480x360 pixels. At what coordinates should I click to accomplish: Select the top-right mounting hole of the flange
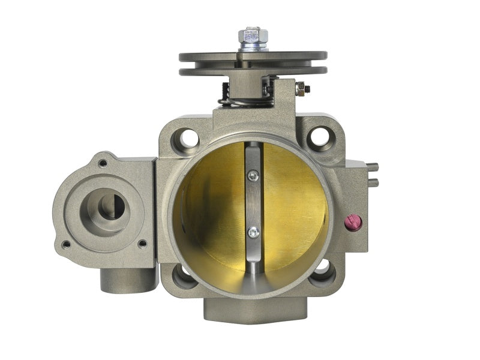(x=320, y=137)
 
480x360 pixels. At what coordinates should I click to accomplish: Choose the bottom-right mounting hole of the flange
(x=324, y=272)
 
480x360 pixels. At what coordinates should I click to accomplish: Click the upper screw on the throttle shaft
(x=253, y=175)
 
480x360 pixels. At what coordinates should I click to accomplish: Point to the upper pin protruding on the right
(x=373, y=167)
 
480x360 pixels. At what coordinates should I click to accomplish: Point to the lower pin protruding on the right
(x=373, y=181)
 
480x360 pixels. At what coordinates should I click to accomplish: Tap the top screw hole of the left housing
(x=103, y=163)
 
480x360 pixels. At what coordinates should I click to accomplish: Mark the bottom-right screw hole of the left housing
(x=142, y=243)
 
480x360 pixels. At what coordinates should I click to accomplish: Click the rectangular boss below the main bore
(x=255, y=310)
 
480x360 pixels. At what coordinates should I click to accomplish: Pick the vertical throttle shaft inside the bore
(x=253, y=204)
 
